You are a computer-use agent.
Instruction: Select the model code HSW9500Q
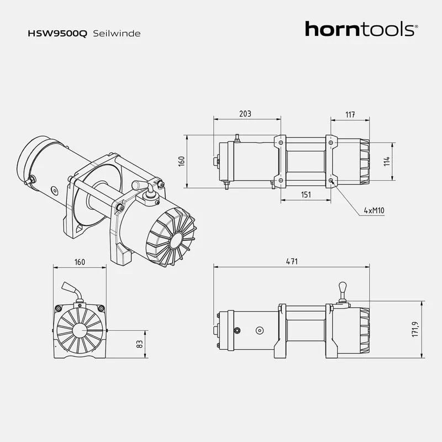point(57,33)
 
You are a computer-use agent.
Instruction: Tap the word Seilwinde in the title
point(117,33)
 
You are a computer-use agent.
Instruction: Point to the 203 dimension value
point(245,114)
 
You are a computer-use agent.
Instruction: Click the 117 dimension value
point(350,114)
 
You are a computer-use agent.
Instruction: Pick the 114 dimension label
point(387,161)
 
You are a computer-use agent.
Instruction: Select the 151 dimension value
point(306,194)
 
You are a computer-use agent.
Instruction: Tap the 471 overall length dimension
point(292,261)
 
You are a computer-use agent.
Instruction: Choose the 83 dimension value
point(140,344)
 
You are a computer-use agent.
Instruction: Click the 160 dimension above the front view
point(80,262)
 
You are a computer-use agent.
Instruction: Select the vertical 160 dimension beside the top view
point(181,161)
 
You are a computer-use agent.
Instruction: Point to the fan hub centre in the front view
point(80,330)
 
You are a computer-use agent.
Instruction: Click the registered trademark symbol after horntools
point(416,25)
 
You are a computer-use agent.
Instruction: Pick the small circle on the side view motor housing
point(259,330)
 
